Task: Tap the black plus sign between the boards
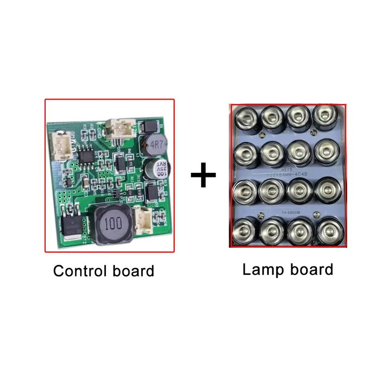click(x=203, y=174)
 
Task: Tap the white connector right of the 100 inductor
click(x=142, y=221)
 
